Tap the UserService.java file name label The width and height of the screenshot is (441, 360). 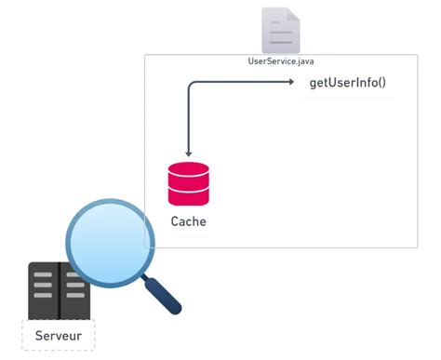click(x=280, y=60)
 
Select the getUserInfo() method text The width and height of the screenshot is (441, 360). click(x=347, y=84)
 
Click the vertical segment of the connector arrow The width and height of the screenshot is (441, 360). click(x=189, y=121)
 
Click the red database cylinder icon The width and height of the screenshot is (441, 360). click(x=188, y=183)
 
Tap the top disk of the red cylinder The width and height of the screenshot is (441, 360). click(x=188, y=169)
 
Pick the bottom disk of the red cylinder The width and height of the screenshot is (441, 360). click(x=188, y=198)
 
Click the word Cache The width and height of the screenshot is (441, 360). click(x=188, y=222)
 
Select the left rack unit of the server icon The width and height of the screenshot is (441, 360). click(x=44, y=289)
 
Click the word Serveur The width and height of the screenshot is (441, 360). click(x=59, y=335)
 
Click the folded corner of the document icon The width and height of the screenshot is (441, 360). click(x=294, y=13)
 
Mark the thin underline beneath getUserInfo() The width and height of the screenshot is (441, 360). click(x=347, y=97)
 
